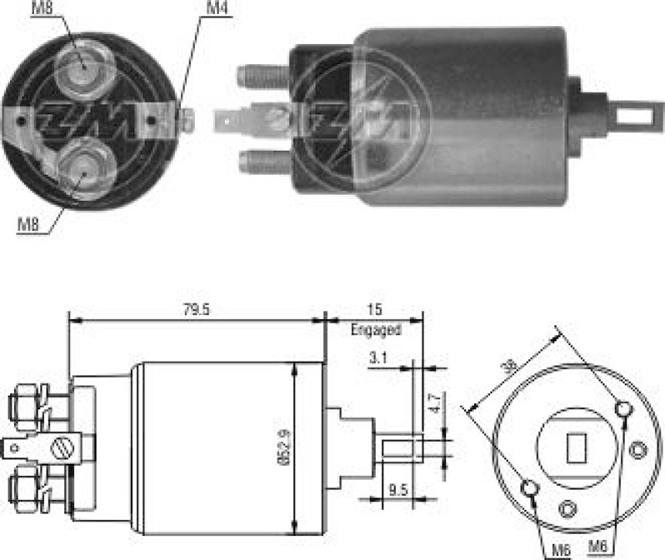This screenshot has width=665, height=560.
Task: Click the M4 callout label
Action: (218, 8)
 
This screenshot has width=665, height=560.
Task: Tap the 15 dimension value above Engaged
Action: (375, 310)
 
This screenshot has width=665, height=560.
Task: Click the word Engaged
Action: (376, 329)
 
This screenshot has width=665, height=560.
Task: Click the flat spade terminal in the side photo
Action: (237, 120)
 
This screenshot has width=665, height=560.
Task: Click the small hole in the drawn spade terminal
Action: (15, 449)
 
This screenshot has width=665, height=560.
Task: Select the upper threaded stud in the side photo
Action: (262, 76)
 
